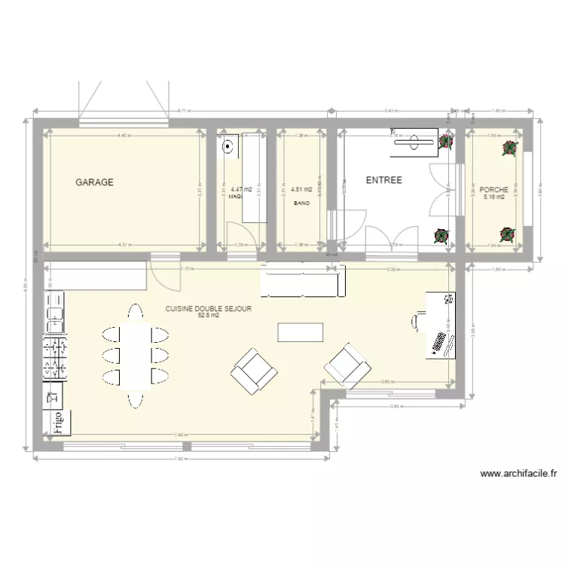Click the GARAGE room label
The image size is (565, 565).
tap(94, 182)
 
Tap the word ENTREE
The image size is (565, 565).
tap(383, 181)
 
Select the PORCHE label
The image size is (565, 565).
tap(493, 190)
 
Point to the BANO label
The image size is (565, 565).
tap(301, 204)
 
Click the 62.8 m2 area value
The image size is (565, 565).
tap(208, 316)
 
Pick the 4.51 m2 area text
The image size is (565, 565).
tap(301, 190)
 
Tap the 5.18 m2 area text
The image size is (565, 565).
tap(493, 197)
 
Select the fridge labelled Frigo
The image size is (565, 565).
tap(57, 423)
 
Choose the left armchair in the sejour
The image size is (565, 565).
tap(254, 371)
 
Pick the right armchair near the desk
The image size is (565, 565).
tap(347, 365)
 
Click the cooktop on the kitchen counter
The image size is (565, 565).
tap(55, 357)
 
